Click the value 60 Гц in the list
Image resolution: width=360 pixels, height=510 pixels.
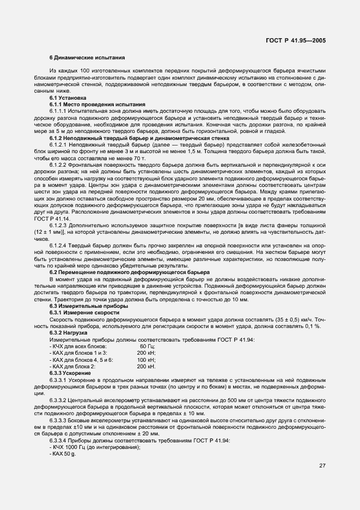147,346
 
